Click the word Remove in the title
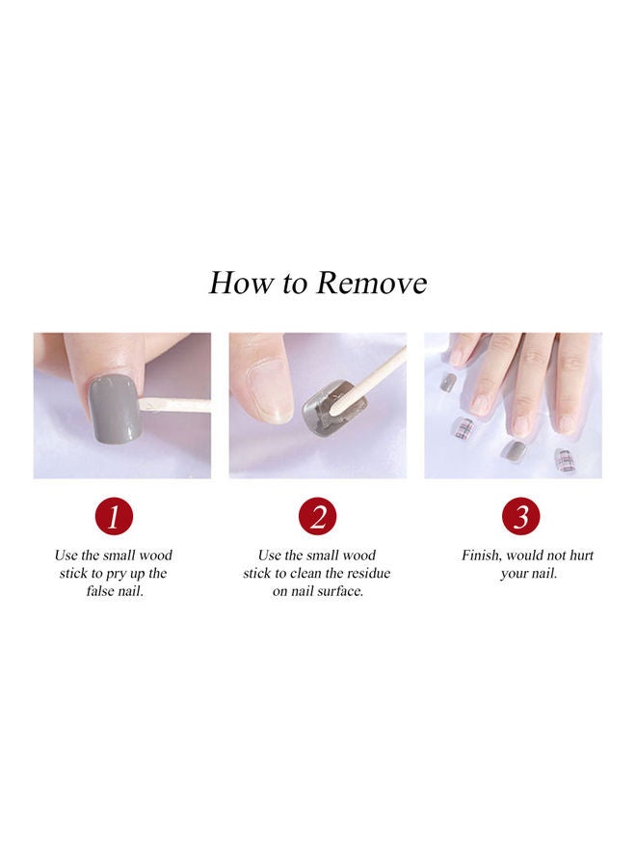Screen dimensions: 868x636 (x=372, y=284)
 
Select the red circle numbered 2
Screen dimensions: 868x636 (x=317, y=518)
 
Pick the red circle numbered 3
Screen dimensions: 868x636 (x=520, y=518)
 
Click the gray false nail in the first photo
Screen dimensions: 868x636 (x=116, y=409)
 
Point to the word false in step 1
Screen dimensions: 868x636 (x=102, y=591)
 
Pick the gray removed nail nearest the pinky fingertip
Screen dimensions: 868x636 (x=448, y=382)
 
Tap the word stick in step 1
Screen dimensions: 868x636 (x=75, y=573)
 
